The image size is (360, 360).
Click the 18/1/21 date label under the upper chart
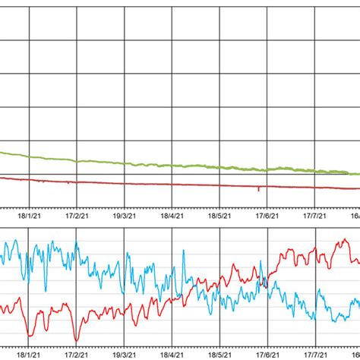(29, 216)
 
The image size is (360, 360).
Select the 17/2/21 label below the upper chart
(77, 216)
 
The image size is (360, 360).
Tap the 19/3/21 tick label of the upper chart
(125, 216)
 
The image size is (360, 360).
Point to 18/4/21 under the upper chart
(172, 216)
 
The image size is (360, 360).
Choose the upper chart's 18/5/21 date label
(219, 216)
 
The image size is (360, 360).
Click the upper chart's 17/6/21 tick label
(267, 216)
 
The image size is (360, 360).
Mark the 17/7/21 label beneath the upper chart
(315, 216)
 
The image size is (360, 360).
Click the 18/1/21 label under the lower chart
(29, 354)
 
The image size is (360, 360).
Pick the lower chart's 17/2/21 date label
(77, 354)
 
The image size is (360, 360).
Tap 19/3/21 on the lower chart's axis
(125, 354)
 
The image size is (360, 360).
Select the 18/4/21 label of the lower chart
(172, 354)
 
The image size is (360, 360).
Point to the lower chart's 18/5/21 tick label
(219, 354)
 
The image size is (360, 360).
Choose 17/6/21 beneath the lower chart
(267, 354)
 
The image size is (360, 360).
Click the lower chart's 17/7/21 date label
(315, 354)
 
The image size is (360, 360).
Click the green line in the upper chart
(152, 163)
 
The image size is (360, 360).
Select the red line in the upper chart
(152, 184)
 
